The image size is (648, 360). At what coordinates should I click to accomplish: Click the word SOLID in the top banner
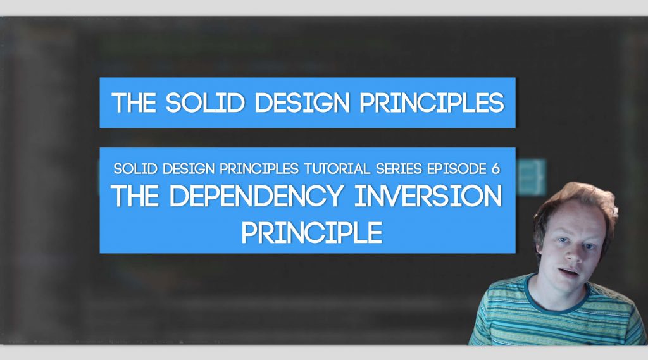tap(206, 102)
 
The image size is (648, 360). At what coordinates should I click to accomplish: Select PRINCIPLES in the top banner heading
tap(432, 102)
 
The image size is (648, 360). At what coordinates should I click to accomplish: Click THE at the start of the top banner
tap(134, 102)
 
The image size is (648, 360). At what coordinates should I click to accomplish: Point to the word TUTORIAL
tap(337, 169)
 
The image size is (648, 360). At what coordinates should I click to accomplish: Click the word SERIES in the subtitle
tap(399, 169)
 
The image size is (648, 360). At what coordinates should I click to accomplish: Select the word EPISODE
tap(457, 169)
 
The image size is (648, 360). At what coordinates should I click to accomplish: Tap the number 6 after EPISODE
tap(496, 169)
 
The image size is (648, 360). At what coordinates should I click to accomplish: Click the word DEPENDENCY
tap(257, 196)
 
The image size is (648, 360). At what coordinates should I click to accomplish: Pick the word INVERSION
tap(428, 196)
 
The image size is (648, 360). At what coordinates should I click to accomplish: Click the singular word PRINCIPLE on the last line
tap(312, 233)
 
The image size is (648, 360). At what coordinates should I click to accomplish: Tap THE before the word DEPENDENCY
tap(135, 196)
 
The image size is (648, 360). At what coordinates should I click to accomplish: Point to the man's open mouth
tap(569, 273)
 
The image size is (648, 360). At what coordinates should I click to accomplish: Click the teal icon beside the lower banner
tap(531, 178)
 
